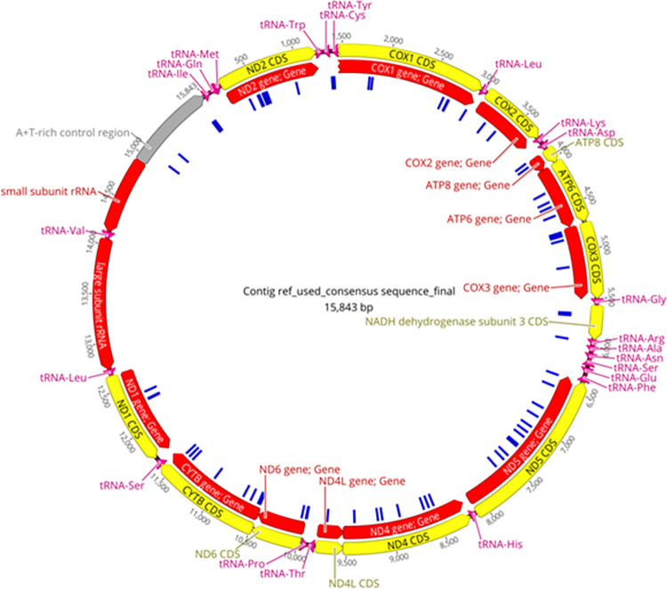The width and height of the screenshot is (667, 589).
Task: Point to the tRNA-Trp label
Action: point(284,23)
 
